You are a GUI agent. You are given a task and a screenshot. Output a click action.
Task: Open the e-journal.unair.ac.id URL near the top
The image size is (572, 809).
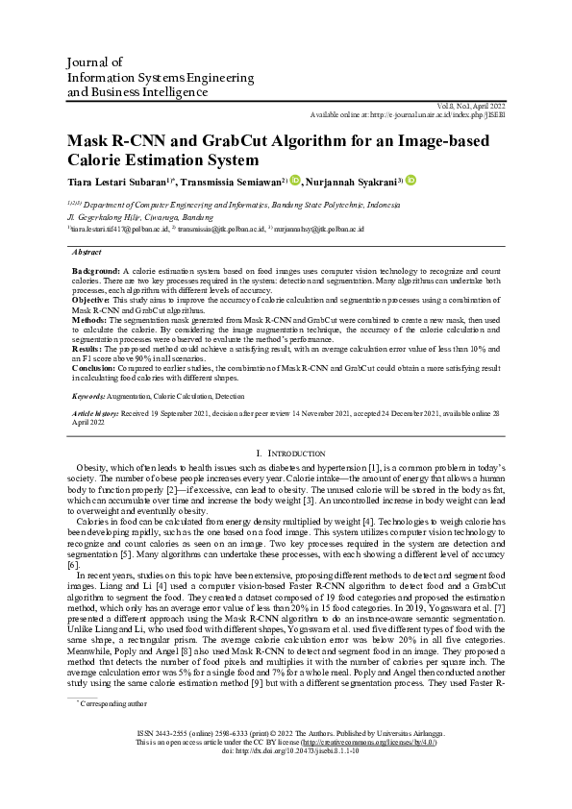tap(434, 113)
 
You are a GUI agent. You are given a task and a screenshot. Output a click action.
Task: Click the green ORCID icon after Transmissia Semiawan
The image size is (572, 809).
tap(295, 180)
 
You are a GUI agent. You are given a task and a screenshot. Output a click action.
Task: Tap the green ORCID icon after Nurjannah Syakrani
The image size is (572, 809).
tap(411, 180)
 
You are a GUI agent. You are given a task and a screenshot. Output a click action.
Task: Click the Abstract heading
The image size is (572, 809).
tap(87, 252)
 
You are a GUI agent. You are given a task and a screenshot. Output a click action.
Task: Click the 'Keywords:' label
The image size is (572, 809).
tap(94, 396)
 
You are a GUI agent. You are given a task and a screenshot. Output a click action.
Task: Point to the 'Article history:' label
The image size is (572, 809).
tap(101, 412)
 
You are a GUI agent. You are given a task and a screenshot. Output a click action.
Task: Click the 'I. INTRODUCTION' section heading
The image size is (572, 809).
tap(286, 452)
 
